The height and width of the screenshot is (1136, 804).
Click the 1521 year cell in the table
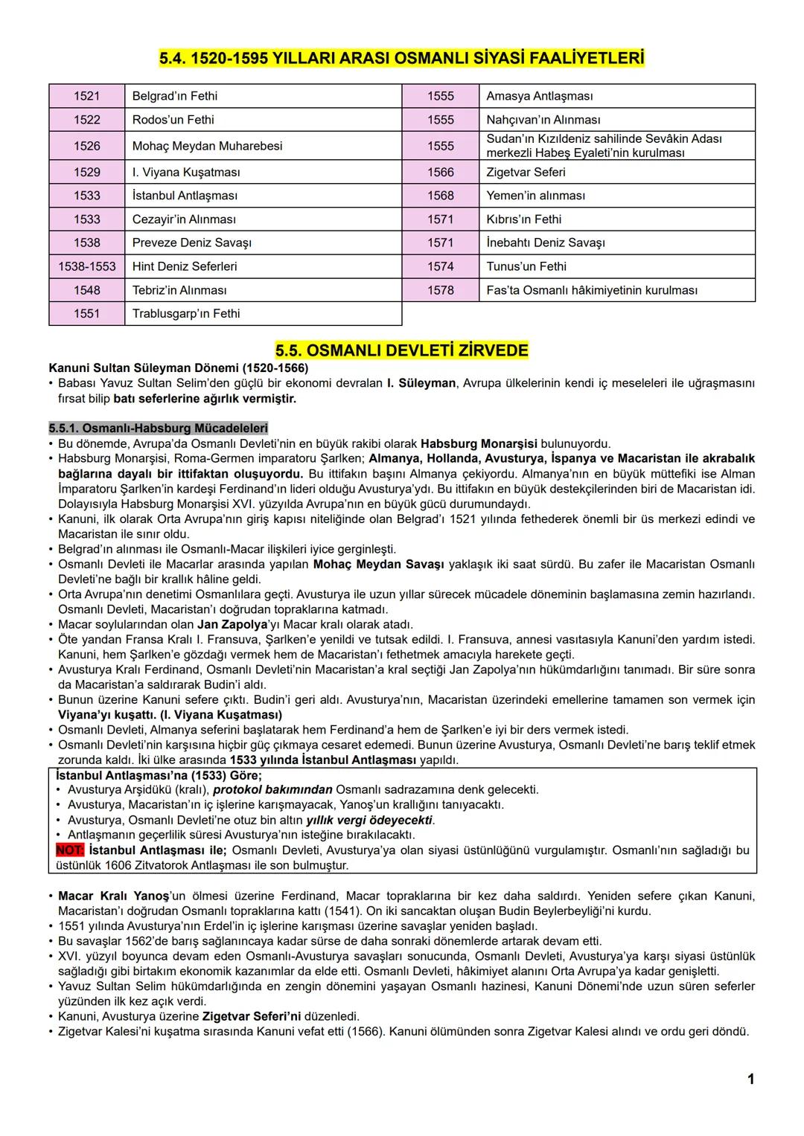86,96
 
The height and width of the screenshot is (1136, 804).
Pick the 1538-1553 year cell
86,266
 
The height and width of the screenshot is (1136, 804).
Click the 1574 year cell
440,266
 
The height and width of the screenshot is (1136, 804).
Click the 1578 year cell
440,290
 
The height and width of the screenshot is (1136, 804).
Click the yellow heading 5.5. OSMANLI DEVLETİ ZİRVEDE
401,350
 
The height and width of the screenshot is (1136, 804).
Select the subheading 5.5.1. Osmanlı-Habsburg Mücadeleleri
158,429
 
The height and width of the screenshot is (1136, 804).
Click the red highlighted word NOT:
70,850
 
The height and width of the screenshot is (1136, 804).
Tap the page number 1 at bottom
750,1079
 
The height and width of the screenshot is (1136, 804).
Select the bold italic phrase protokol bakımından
272,789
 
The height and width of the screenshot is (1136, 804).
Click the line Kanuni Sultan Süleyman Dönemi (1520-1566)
179,368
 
